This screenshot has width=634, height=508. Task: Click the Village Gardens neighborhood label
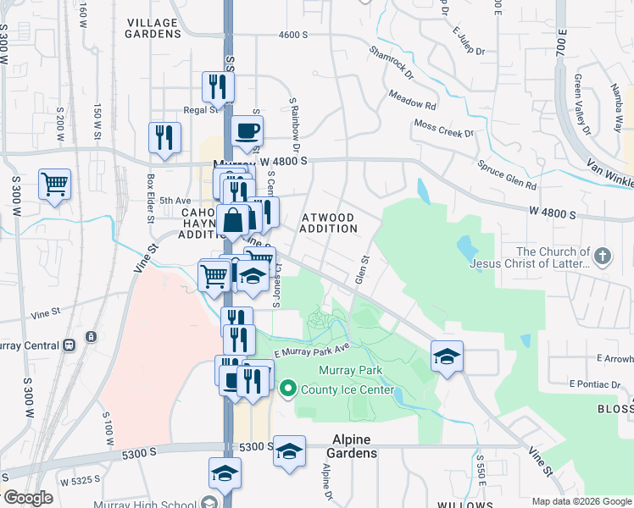[153, 28]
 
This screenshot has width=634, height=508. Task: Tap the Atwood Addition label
[329, 223]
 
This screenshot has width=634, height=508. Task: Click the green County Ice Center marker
[287, 389]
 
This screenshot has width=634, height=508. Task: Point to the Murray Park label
[350, 370]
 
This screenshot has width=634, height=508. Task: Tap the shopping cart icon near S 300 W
[54, 184]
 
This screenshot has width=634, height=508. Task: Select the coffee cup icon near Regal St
[247, 131]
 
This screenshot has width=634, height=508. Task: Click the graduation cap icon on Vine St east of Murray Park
[447, 356]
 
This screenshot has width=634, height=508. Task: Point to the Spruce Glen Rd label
[507, 174]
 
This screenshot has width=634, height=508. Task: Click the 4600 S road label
[292, 35]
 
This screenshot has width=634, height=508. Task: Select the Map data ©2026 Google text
[581, 501]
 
